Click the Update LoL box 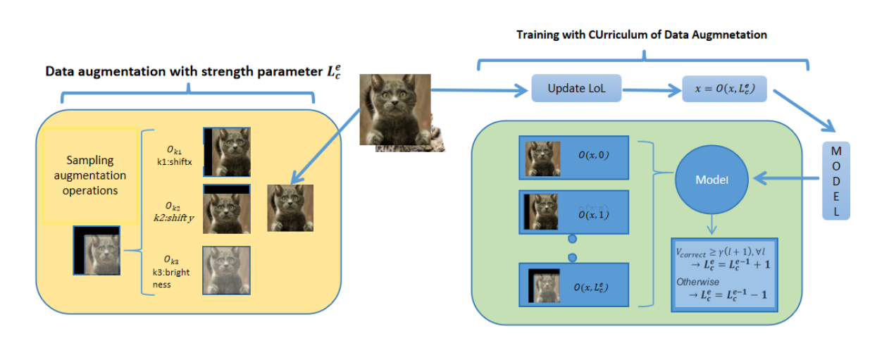tap(576, 89)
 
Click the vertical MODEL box tap(836, 181)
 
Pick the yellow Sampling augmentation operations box tap(90, 175)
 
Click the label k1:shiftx tap(173, 161)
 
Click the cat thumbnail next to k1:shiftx tap(227, 151)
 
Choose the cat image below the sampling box tap(97, 251)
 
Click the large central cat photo tap(396, 109)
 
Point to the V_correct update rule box tap(725, 274)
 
